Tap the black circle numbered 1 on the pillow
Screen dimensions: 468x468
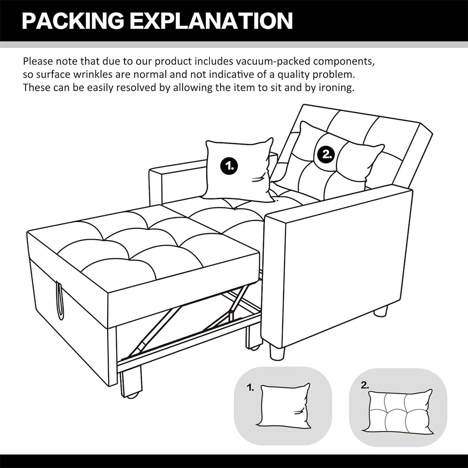pos(229,165)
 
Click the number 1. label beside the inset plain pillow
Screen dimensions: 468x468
pos(250,388)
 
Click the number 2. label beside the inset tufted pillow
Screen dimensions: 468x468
pos(365,386)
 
